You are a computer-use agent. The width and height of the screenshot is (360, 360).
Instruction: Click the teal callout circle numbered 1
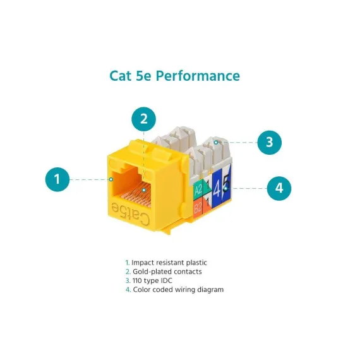pos(57,179)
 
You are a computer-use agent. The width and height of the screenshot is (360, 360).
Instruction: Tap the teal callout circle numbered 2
pos(144,119)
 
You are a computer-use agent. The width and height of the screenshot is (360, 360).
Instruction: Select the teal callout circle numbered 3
pos(269,142)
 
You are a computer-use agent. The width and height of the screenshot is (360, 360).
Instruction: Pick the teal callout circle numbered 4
pos(279,188)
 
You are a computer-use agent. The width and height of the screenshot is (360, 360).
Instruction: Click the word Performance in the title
pos(198,76)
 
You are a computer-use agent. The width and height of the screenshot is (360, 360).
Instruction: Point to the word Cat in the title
pos(121,76)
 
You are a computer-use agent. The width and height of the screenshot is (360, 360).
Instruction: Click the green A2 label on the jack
pos(198,189)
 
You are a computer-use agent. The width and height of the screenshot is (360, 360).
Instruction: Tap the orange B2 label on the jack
pos(198,208)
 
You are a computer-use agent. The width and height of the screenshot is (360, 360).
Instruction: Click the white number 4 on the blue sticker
pos(217,189)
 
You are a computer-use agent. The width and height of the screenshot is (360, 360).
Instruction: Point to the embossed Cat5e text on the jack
pos(130,213)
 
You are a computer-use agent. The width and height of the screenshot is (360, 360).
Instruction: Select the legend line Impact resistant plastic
pos(166,263)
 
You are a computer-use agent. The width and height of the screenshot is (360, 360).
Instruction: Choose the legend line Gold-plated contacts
pos(164,272)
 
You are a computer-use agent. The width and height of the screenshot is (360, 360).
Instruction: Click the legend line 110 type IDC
pos(149,280)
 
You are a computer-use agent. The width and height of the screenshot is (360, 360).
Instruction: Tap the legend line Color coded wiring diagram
pos(174,289)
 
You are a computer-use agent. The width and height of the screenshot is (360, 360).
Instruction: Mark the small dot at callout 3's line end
pos(216,143)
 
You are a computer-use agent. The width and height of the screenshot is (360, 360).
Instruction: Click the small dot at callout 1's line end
pos(111,179)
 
